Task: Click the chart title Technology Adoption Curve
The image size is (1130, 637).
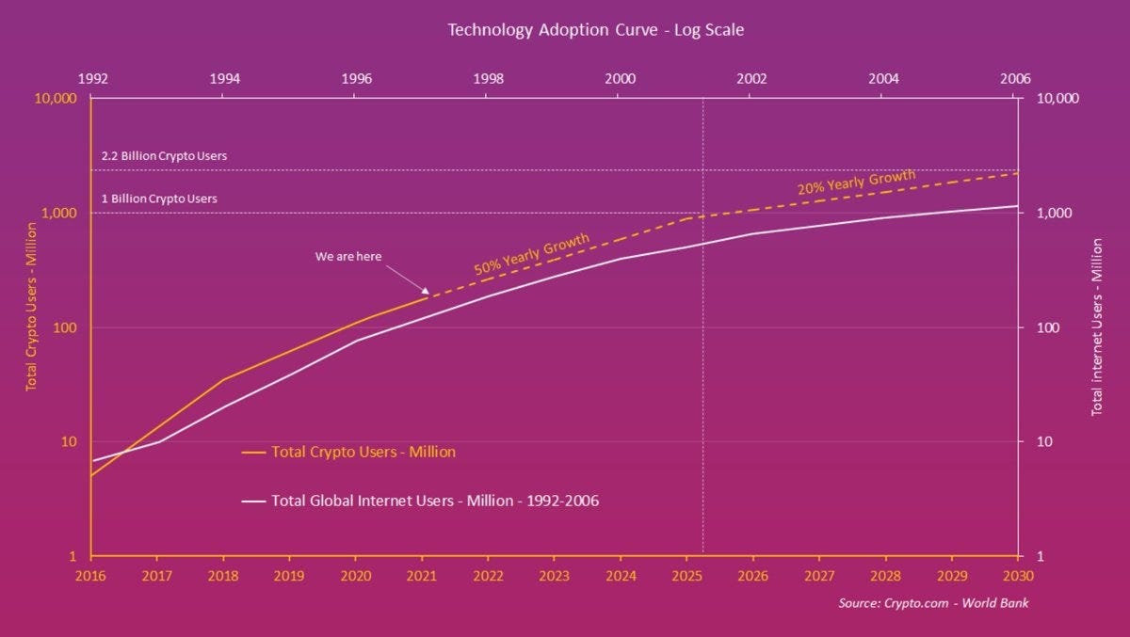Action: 595,29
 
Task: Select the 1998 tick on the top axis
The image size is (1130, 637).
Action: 488,79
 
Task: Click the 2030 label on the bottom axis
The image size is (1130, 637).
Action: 1016,575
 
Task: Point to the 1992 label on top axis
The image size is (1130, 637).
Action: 92,79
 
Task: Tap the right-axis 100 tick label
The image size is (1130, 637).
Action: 1049,327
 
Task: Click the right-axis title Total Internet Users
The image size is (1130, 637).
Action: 1097,326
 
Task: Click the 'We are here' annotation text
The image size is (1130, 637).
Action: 348,256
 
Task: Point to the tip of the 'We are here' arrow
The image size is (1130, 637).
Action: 428,295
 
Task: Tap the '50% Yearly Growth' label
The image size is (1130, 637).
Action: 531,253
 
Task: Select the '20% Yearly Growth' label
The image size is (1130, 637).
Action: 855,182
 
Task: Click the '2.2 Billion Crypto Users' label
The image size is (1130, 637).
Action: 164,155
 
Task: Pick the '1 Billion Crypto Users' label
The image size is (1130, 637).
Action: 159,199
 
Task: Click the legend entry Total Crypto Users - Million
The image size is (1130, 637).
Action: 363,452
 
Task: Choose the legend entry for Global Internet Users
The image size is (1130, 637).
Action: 434,501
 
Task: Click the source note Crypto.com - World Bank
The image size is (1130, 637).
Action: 933,602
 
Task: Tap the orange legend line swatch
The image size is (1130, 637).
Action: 253,453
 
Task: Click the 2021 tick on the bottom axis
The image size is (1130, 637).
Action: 422,575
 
